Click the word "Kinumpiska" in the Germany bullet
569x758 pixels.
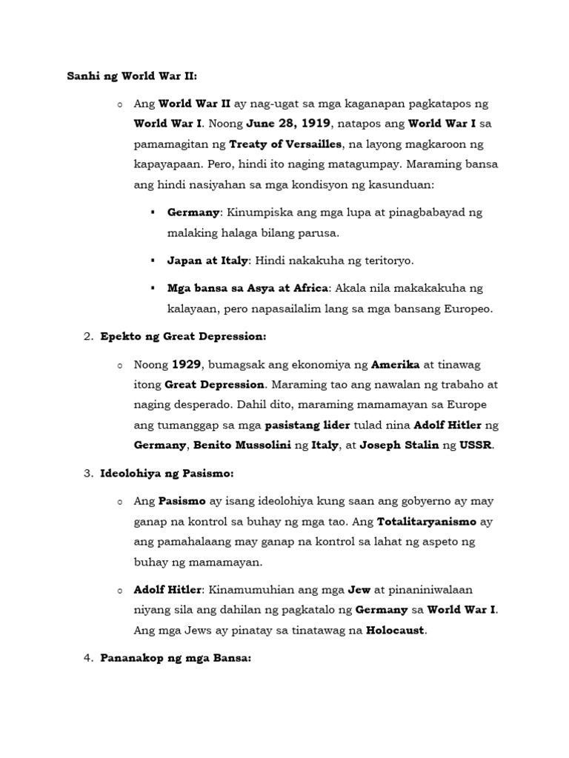pos(259,212)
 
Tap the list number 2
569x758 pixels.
pos(87,337)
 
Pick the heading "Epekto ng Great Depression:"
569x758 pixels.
pos(182,337)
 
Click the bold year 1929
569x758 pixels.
pos(187,365)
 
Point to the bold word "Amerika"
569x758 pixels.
pos(395,365)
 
